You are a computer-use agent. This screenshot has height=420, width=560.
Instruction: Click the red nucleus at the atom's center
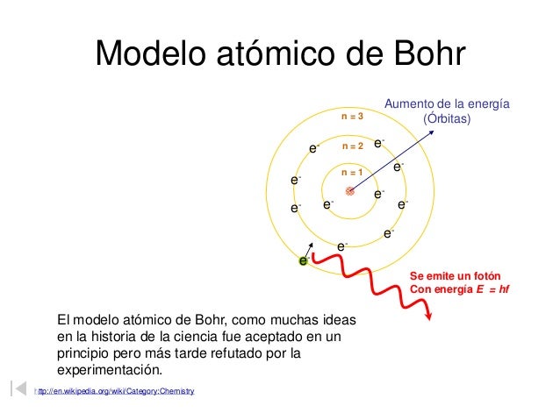tap(349, 190)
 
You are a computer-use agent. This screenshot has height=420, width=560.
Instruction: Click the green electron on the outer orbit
tap(304, 260)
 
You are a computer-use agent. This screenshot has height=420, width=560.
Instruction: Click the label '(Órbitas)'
tap(448, 118)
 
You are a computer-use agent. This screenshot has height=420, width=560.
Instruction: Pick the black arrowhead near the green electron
tap(310, 245)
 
